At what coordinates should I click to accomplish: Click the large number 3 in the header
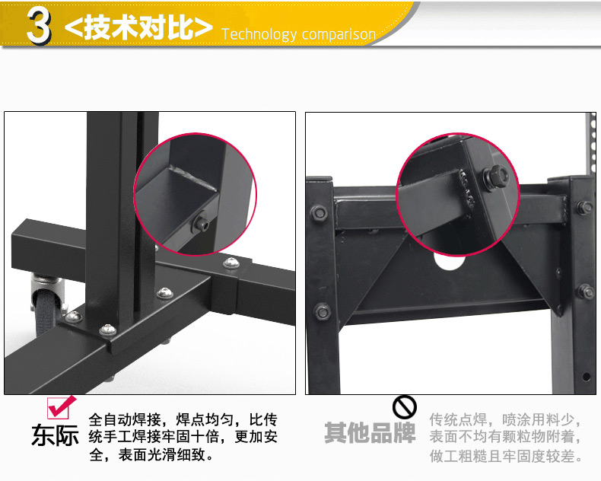click(39, 26)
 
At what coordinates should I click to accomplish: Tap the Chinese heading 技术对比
click(139, 27)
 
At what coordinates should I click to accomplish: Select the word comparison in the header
click(338, 35)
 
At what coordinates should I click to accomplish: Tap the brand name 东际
click(55, 436)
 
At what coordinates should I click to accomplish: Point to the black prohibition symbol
click(405, 407)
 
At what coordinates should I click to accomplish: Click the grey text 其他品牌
click(370, 433)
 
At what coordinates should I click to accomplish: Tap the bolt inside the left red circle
click(201, 223)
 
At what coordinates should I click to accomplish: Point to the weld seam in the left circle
click(192, 177)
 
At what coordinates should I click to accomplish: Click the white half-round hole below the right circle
click(450, 261)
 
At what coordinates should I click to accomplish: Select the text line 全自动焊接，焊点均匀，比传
click(183, 419)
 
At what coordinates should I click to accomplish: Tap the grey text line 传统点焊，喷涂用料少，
click(506, 419)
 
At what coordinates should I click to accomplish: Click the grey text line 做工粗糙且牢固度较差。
click(507, 456)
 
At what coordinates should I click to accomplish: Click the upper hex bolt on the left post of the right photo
click(319, 212)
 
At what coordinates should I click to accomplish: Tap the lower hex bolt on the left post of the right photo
click(323, 311)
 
